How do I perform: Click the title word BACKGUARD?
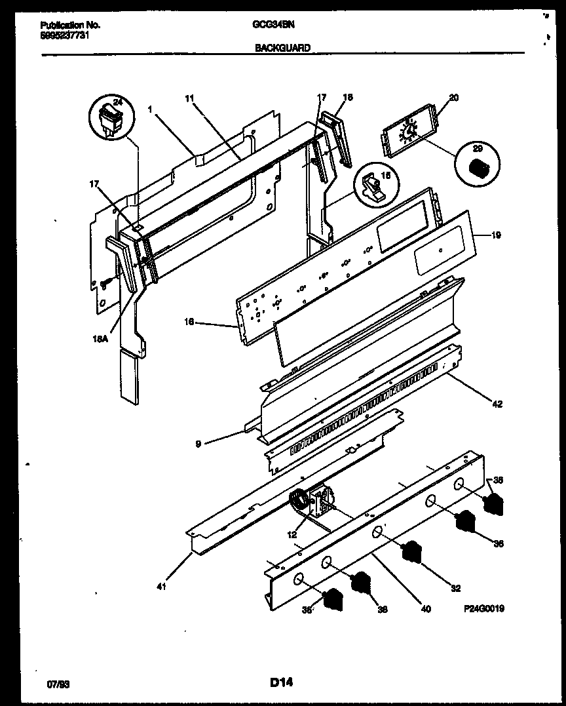(283, 47)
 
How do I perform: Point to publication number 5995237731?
(64, 35)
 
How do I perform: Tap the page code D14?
(281, 682)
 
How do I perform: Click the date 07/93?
(58, 684)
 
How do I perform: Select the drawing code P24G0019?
(484, 608)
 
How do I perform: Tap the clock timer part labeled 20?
(408, 133)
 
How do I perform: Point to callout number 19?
(496, 235)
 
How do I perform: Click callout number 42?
(497, 404)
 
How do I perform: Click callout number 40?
(426, 609)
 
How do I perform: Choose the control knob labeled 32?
(411, 552)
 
